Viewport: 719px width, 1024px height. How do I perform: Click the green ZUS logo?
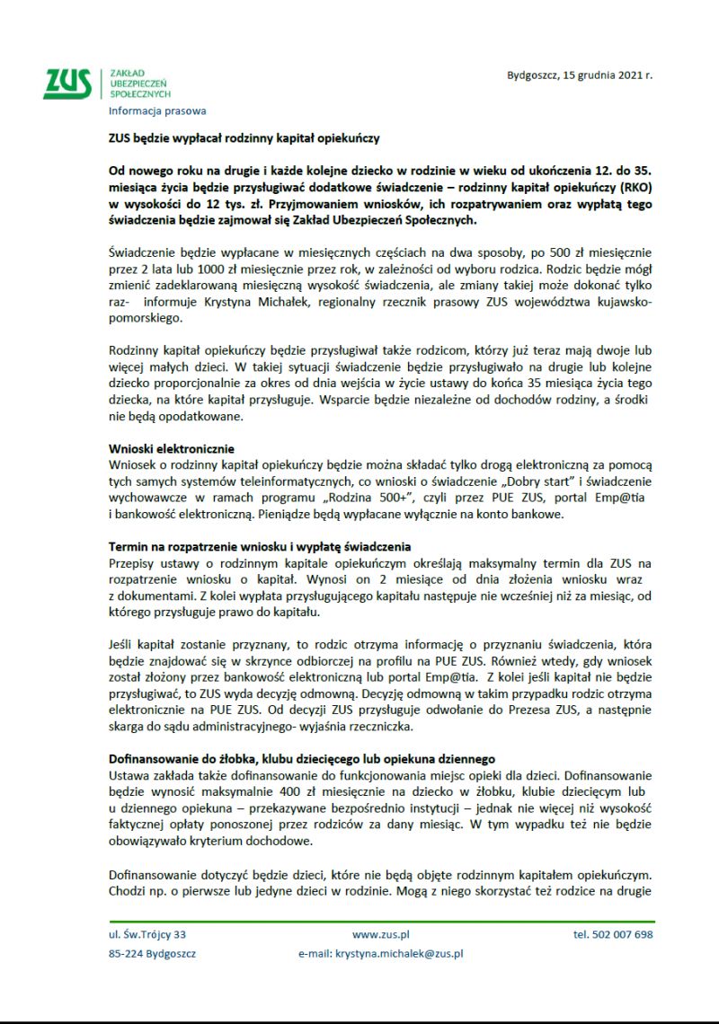click(67, 83)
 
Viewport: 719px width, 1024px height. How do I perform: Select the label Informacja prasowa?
click(157, 111)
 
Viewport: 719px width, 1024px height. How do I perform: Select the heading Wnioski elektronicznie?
click(172, 447)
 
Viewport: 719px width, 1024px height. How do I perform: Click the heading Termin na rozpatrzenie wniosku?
click(260, 546)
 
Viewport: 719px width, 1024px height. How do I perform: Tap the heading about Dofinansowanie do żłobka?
click(302, 758)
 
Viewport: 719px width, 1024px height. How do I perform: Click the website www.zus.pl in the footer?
click(381, 934)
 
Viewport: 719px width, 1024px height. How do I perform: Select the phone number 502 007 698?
click(613, 934)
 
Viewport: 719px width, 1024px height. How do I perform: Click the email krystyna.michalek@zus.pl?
click(399, 954)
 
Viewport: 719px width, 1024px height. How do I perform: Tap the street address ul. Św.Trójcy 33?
click(147, 934)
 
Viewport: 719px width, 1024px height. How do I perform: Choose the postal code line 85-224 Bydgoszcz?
click(152, 954)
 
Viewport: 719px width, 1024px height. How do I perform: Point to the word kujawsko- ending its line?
click(620, 302)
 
